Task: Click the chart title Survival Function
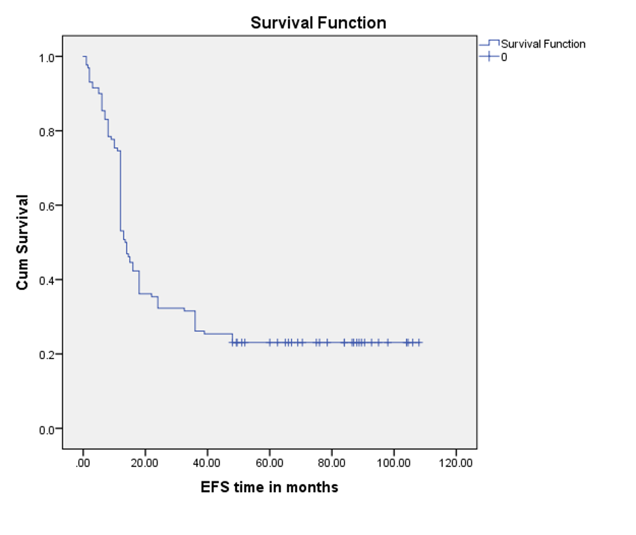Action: (x=318, y=22)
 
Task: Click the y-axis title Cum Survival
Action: (x=22, y=242)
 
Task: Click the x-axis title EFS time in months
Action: (x=269, y=487)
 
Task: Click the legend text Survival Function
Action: (x=543, y=44)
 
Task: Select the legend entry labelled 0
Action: (x=503, y=57)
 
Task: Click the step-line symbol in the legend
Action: (x=489, y=44)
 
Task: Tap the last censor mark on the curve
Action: (x=419, y=343)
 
